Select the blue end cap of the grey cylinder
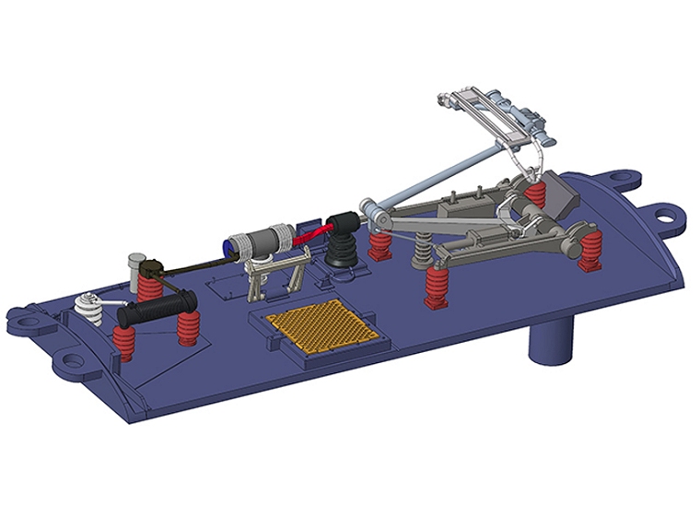pyautogui.click(x=227, y=246)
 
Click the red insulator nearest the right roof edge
pyautogui.click(x=590, y=251)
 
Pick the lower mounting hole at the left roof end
pyautogui.click(x=67, y=361)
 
